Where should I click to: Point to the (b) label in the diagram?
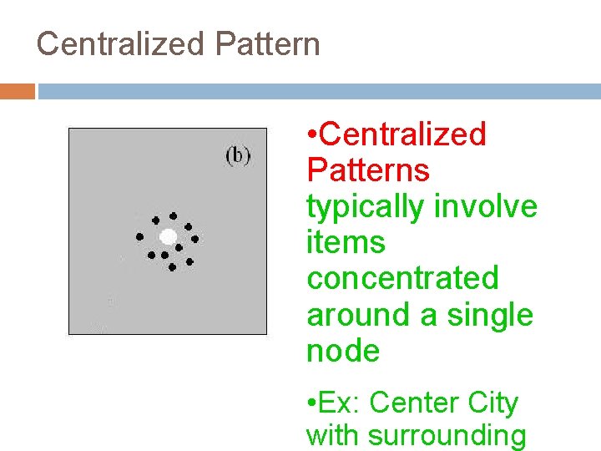pos(238,155)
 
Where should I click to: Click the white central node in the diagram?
pos(168,236)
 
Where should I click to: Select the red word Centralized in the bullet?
pos(402,134)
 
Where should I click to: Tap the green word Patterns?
pos(368,170)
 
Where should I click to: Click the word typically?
pos(364,206)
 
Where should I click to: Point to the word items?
pos(346,243)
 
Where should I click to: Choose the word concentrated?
pos(402,279)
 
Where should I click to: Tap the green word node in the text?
pos(343,352)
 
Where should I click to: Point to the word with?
pos(333,436)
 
